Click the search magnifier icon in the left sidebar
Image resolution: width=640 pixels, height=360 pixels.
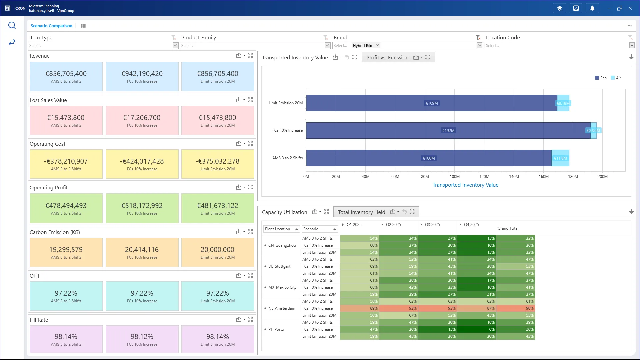pyautogui.click(x=12, y=26)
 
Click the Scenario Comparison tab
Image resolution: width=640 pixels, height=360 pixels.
pyautogui.click(x=51, y=26)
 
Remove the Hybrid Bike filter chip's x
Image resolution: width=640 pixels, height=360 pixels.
pyautogui.click(x=377, y=45)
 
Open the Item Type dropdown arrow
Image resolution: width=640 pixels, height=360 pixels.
pyautogui.click(x=175, y=45)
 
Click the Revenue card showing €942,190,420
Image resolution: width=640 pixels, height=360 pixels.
pyautogui.click(x=142, y=76)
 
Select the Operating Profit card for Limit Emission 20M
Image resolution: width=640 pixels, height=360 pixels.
pyautogui.click(x=218, y=208)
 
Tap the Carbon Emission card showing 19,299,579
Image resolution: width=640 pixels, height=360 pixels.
pyautogui.click(x=66, y=252)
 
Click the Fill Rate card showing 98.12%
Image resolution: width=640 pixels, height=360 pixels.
pyautogui.click(x=142, y=339)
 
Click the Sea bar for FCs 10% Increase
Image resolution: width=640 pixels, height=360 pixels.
pyautogui.click(x=448, y=130)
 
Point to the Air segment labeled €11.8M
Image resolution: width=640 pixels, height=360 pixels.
pyautogui.click(x=560, y=158)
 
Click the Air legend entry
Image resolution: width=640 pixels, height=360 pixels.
pyautogui.click(x=616, y=78)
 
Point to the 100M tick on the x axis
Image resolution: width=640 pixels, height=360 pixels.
pyautogui.click(x=454, y=177)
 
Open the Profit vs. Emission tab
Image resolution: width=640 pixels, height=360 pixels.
pyautogui.click(x=387, y=57)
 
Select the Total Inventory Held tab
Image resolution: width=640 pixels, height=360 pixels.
pyautogui.click(x=361, y=212)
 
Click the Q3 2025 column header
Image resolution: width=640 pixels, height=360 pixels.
pyautogui.click(x=432, y=225)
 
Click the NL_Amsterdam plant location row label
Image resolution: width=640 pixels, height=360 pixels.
pyautogui.click(x=282, y=308)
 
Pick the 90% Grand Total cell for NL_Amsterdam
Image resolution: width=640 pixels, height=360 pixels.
pyautogui.click(x=515, y=308)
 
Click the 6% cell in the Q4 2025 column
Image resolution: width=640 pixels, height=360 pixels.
pyautogui.click(x=476, y=329)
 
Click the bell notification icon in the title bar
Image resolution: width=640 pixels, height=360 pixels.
pyautogui.click(x=592, y=8)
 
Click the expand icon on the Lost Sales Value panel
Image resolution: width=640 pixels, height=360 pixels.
pyautogui.click(x=250, y=100)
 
